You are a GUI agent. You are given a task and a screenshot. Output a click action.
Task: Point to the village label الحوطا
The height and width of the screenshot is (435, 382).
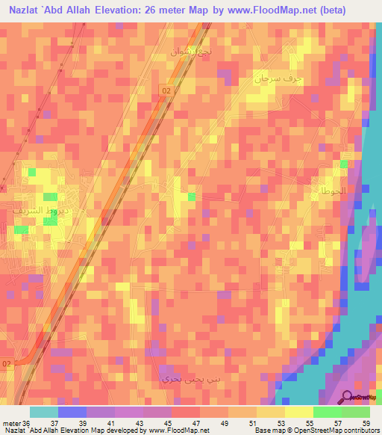332,191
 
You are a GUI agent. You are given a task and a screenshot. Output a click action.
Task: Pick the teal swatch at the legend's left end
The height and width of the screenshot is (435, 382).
44,412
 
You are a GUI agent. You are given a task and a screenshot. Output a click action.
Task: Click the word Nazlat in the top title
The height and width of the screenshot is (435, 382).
27,11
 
